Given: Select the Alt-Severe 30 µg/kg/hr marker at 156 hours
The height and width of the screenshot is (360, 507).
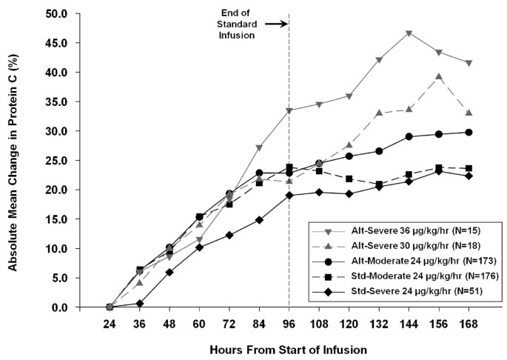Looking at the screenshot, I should tap(440, 76).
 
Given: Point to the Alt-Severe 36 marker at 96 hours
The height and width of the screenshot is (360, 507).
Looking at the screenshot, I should tap(289, 110).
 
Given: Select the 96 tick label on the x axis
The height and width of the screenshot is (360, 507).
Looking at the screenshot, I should tap(289, 324).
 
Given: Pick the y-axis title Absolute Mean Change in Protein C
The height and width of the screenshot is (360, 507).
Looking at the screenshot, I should tap(13, 161).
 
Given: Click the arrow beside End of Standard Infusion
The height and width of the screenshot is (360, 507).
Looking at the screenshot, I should tap(275, 24).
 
